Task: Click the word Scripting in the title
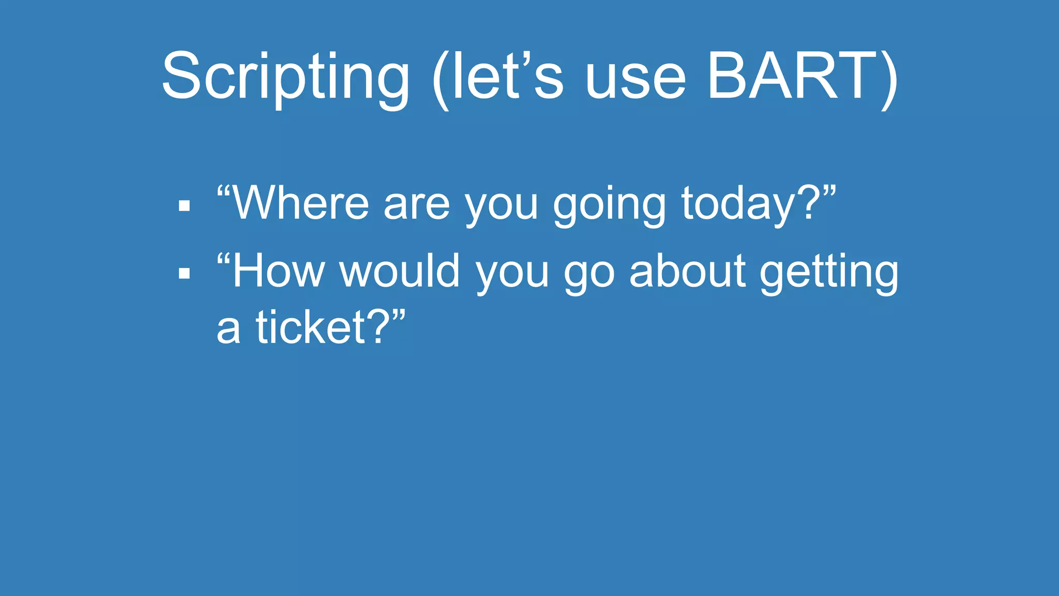point(285,78)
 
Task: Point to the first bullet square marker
point(184,206)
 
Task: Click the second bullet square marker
point(184,273)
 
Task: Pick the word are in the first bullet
point(417,205)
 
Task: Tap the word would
point(399,271)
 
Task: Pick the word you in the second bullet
point(511,274)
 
